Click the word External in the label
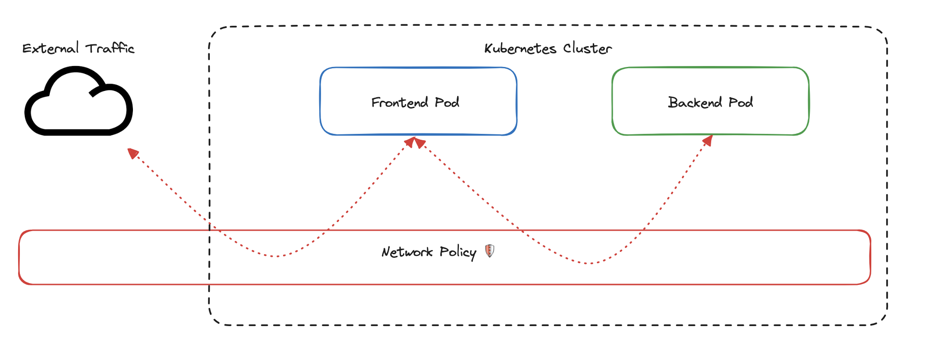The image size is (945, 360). pyautogui.click(x=51, y=48)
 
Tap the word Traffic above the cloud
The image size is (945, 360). pyautogui.click(x=110, y=48)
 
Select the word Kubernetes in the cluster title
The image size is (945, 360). pyautogui.click(x=520, y=48)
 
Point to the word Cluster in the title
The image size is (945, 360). pyautogui.click(x=587, y=48)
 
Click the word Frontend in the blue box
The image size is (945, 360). pyautogui.click(x=400, y=102)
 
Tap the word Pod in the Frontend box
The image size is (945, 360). pyautogui.click(x=447, y=102)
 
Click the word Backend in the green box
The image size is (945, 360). pyautogui.click(x=695, y=102)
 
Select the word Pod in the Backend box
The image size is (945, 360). pyautogui.click(x=741, y=102)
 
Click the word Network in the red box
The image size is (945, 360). pyautogui.click(x=407, y=252)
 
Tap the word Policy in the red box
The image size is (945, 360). pyautogui.click(x=458, y=252)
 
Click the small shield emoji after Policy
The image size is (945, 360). pyautogui.click(x=490, y=251)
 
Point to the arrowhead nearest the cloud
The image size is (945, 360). pyautogui.click(x=132, y=153)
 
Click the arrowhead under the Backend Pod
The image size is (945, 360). pyautogui.click(x=708, y=140)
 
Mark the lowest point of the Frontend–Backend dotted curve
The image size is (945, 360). pyautogui.click(x=589, y=263)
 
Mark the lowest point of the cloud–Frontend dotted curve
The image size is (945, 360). pyautogui.click(x=277, y=256)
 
